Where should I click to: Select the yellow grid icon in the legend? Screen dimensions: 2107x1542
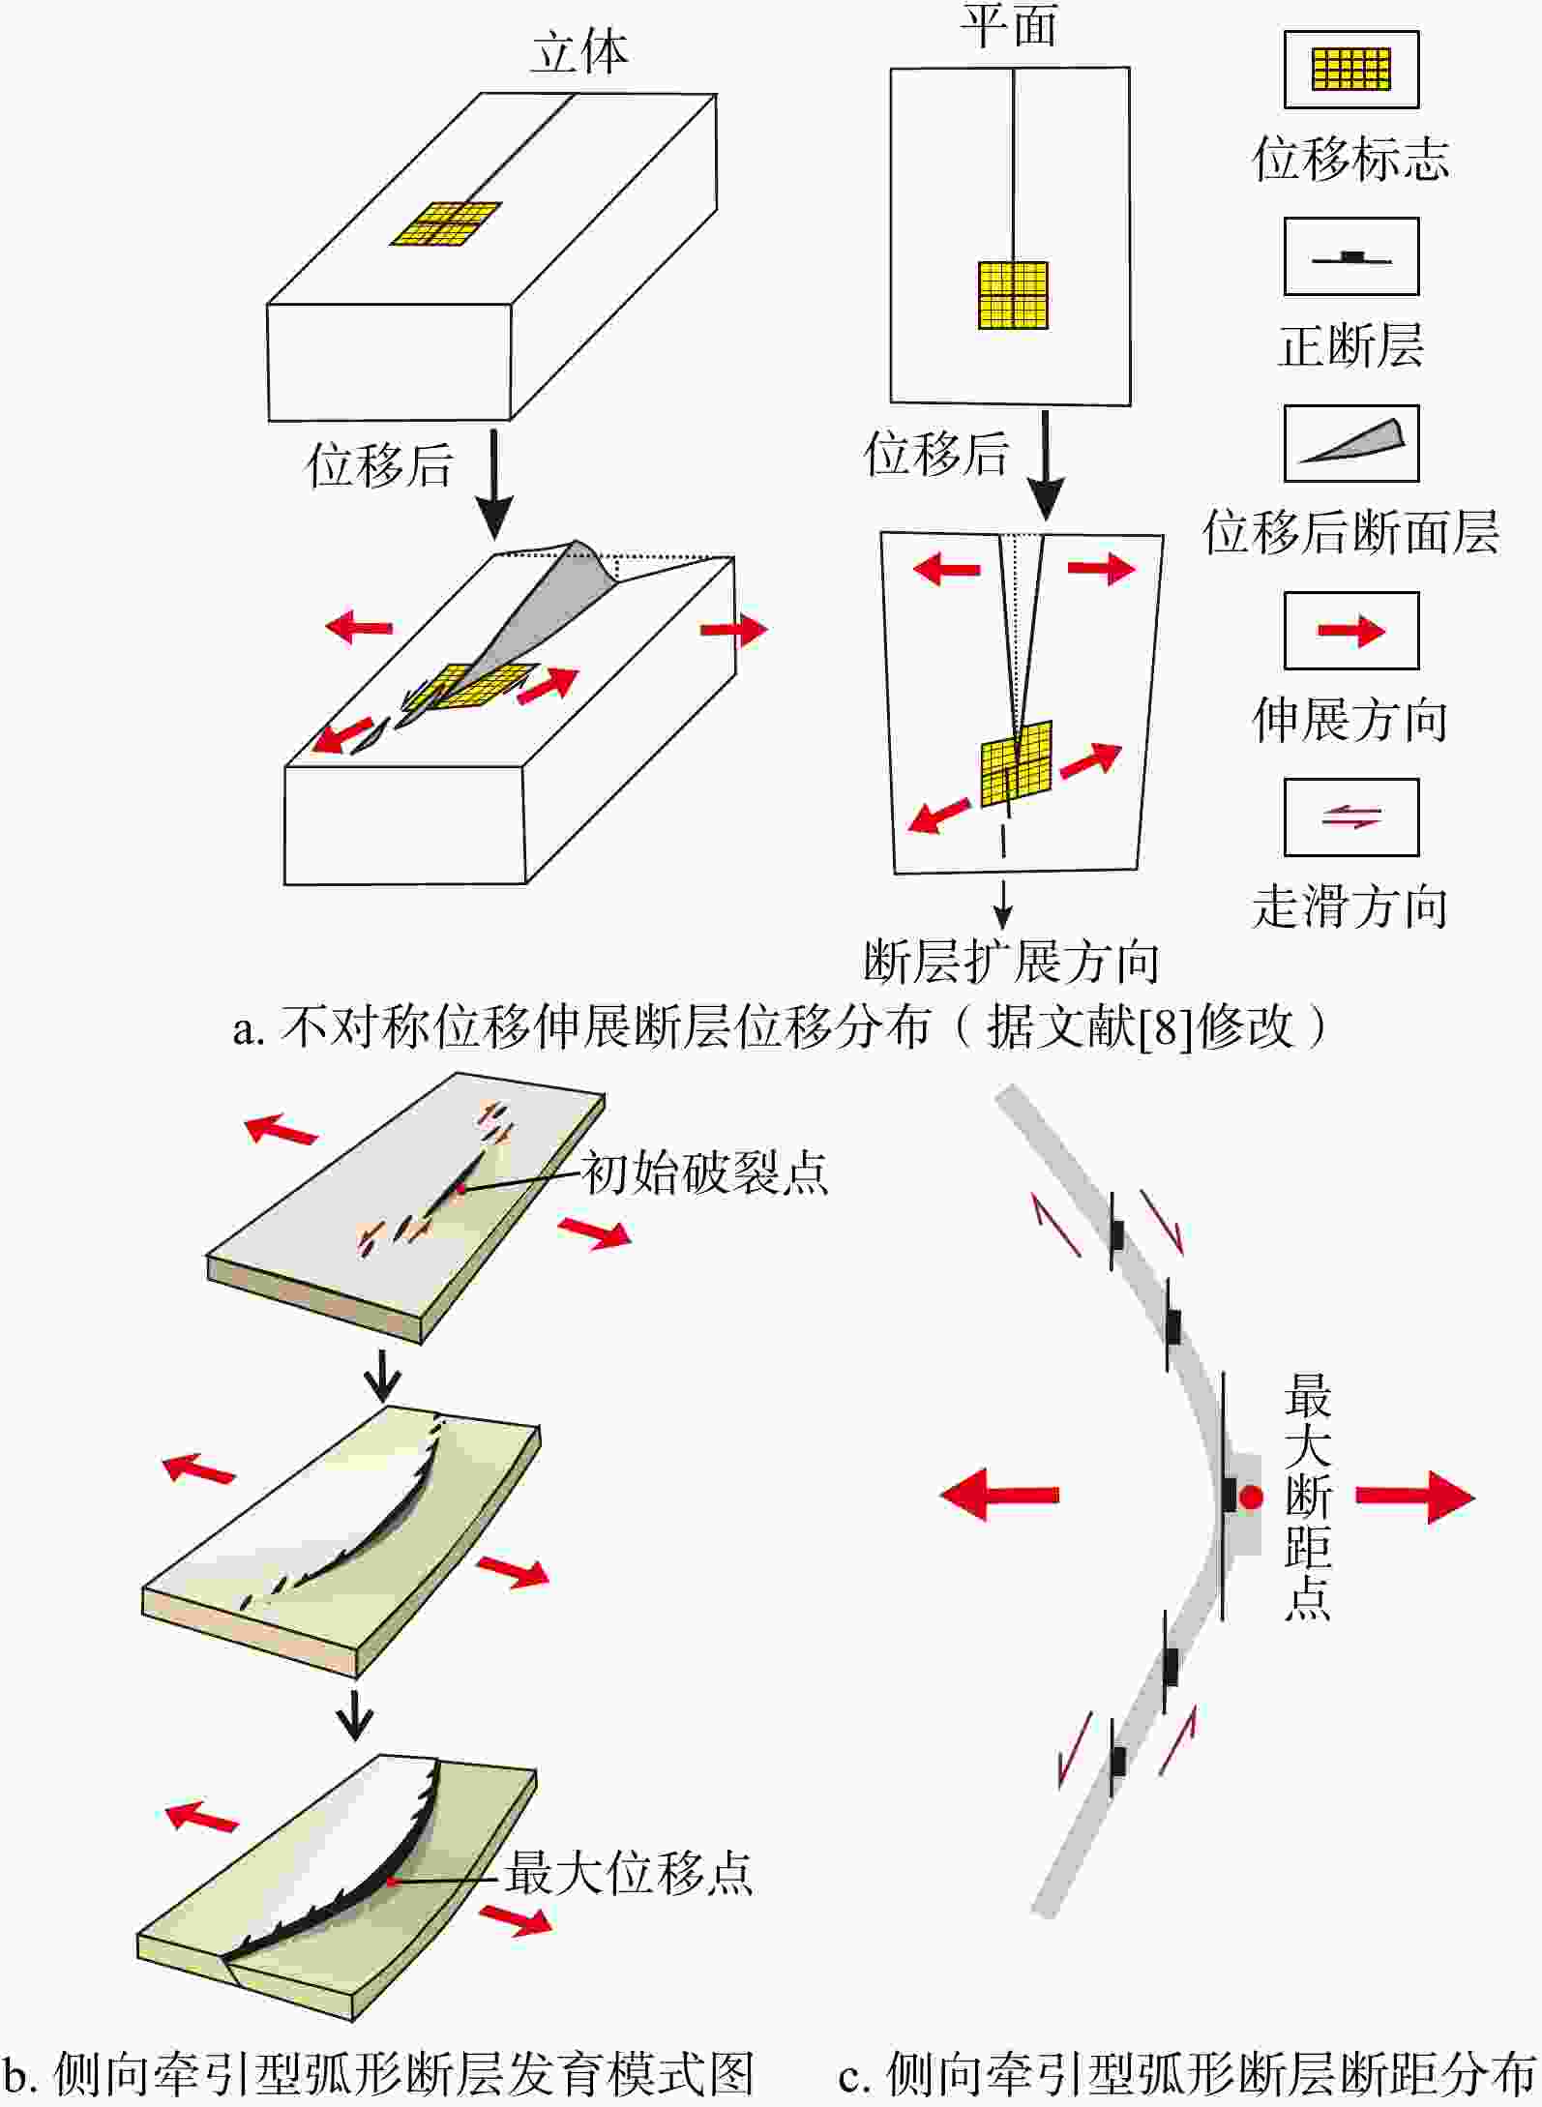[x=1350, y=69]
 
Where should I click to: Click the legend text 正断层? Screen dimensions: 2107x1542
[x=1350, y=345]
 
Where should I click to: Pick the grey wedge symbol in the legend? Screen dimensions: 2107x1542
[x=1352, y=442]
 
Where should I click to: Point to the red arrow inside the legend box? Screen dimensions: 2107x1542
[x=1351, y=631]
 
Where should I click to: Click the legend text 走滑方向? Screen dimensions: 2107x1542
[x=1350, y=907]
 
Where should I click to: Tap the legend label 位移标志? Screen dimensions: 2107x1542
[x=1350, y=159]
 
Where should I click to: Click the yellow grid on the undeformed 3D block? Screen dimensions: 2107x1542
[x=447, y=224]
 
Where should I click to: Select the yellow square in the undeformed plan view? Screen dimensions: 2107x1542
[x=1013, y=295]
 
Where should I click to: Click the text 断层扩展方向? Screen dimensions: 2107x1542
[x=1011, y=961]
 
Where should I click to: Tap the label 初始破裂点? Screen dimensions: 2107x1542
[x=704, y=1173]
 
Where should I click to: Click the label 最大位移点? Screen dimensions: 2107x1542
[x=628, y=1873]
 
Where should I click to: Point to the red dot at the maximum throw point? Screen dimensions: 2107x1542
[x=1252, y=1498]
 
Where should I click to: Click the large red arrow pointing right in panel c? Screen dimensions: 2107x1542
[x=1414, y=1497]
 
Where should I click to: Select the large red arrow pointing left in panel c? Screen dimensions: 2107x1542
[x=999, y=1495]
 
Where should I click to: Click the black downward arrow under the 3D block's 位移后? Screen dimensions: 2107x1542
[x=494, y=484]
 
